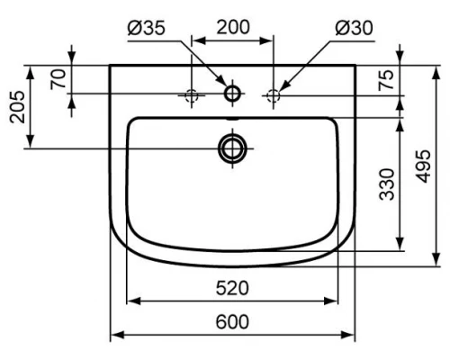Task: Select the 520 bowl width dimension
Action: click(233, 287)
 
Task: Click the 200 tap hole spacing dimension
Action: click(233, 28)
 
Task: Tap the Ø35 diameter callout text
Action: click(146, 28)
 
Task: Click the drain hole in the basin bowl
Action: click(232, 148)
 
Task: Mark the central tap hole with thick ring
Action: click(232, 93)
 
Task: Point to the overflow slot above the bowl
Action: click(232, 117)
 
